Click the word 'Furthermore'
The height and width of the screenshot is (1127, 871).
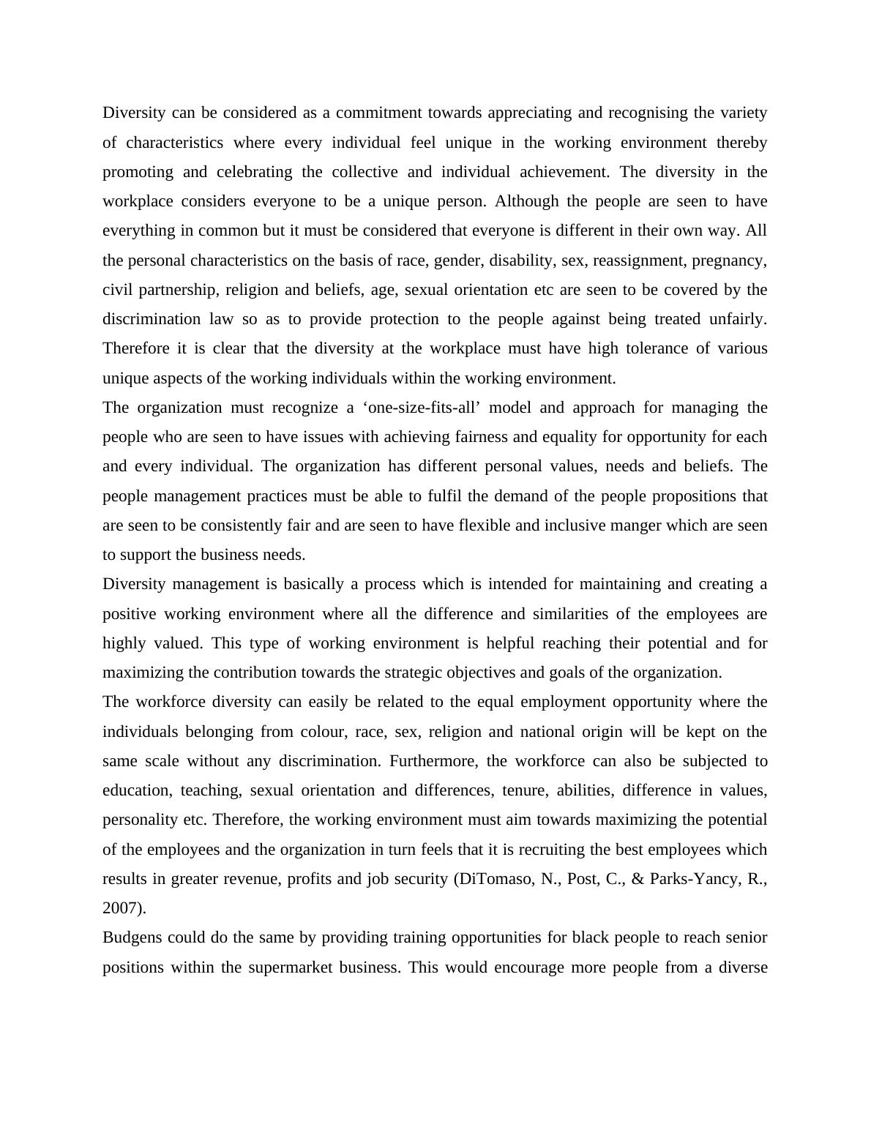(x=433, y=761)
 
